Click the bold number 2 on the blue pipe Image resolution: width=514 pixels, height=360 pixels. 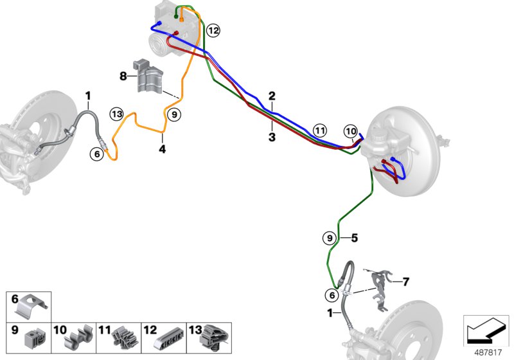click(x=272, y=96)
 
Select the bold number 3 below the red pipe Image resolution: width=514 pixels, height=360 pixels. click(x=272, y=137)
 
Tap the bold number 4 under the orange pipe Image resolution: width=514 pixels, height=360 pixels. click(x=163, y=149)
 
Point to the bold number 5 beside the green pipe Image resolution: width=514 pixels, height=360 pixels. click(x=354, y=238)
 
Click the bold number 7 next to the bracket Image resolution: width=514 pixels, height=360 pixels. click(x=405, y=281)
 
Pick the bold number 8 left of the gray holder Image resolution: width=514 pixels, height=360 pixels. click(x=123, y=76)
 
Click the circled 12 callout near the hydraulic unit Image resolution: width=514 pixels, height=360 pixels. click(x=213, y=30)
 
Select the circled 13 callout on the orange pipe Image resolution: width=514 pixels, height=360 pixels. click(x=116, y=114)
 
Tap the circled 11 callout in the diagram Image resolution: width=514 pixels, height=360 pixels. click(x=320, y=130)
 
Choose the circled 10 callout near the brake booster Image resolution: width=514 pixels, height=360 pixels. click(x=350, y=131)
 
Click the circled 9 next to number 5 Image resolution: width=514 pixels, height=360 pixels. click(x=329, y=238)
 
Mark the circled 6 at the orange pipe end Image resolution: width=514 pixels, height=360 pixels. click(x=97, y=153)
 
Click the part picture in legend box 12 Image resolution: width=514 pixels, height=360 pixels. click(x=169, y=337)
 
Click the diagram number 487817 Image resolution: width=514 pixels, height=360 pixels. click(x=486, y=351)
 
